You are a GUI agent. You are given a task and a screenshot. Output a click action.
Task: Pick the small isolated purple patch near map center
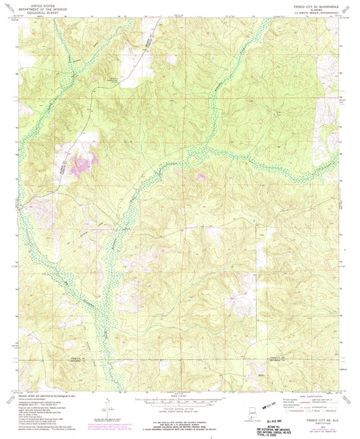coord(200,177)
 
